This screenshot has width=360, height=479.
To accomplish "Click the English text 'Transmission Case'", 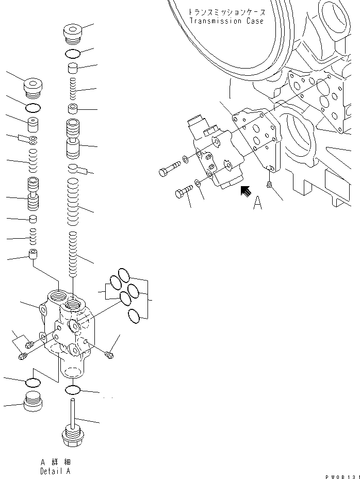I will point(226,21).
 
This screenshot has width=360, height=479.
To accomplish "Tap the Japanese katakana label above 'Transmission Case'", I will point(226,11).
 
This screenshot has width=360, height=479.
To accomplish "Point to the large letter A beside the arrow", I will point(257,204).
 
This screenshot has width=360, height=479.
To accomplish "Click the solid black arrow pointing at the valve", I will point(247,191).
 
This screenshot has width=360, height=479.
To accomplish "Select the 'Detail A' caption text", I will point(55,471).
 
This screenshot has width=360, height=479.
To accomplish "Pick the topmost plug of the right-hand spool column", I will point(72,32).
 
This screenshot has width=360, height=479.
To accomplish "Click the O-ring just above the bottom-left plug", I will point(32,382).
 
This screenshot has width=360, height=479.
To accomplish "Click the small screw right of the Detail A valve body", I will point(108,354).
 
